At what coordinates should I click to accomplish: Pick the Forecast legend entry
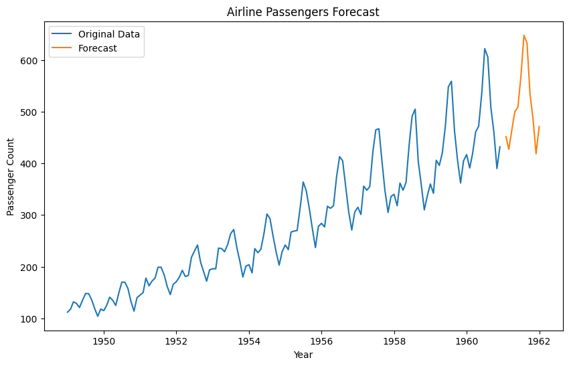(98, 48)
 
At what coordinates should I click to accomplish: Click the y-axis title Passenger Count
(11, 177)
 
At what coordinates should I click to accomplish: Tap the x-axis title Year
(303, 355)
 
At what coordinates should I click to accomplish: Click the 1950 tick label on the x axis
(104, 341)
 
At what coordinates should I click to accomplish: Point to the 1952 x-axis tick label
(176, 341)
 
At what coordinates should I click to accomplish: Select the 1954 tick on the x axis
(249, 341)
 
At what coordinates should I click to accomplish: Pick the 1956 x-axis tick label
(321, 341)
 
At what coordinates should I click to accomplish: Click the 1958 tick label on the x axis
(394, 341)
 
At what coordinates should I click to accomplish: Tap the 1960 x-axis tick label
(467, 341)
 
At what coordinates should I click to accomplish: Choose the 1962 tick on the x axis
(539, 341)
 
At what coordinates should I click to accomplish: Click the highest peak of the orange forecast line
(523, 35)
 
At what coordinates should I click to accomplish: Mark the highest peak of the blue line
(485, 49)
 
